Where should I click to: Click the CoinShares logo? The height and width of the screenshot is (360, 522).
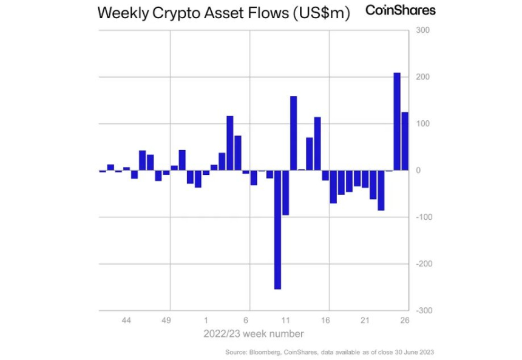click(x=400, y=10)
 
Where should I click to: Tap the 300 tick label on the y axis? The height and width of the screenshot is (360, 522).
click(x=422, y=30)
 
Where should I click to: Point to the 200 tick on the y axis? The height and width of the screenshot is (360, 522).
click(x=422, y=77)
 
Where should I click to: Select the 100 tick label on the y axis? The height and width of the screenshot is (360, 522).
click(x=422, y=124)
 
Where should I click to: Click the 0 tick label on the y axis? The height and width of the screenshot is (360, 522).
click(x=419, y=171)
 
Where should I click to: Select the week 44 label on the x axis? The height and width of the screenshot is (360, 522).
click(x=126, y=320)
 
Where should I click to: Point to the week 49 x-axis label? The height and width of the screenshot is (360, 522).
click(x=166, y=320)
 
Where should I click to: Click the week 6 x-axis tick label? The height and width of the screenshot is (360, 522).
click(x=246, y=320)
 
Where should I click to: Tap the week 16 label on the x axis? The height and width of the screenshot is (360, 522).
click(x=325, y=320)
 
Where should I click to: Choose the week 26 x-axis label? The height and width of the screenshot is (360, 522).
click(x=405, y=320)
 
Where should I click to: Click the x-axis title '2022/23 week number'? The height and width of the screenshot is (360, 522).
click(x=253, y=334)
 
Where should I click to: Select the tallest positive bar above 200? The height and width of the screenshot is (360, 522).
click(x=397, y=121)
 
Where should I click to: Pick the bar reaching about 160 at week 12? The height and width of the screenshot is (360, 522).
click(x=293, y=133)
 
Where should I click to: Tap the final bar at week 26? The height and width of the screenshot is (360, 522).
click(x=405, y=141)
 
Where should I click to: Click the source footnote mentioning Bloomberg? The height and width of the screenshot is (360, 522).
click(x=330, y=352)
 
